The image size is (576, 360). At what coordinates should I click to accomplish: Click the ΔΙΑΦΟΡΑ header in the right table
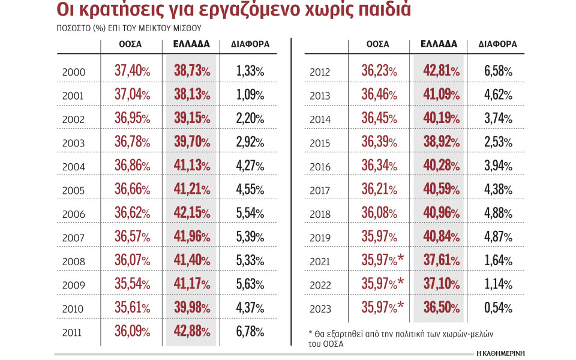tap(498, 44)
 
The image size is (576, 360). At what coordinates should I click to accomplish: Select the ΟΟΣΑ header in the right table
tap(377, 44)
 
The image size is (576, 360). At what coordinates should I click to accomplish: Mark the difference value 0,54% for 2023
tap(498, 308)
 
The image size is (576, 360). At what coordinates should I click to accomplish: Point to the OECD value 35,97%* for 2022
tap(382, 284)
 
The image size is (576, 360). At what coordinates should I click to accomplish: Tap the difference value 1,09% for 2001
tap(250, 95)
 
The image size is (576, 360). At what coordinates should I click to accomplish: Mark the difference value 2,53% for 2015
tap(498, 143)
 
